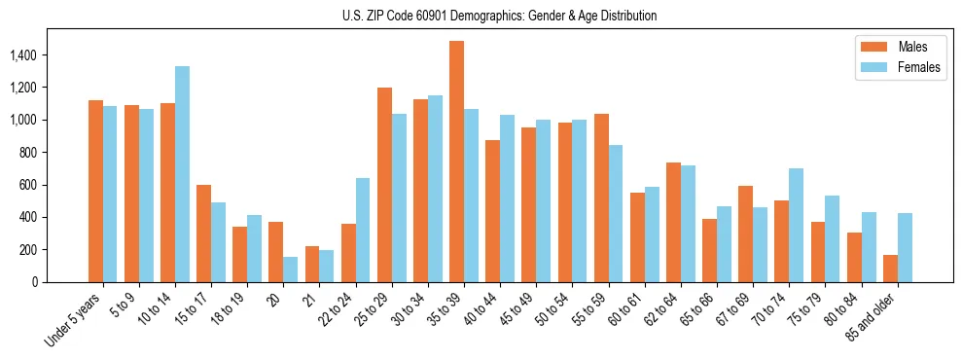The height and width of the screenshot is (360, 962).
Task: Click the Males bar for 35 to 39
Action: tap(456, 162)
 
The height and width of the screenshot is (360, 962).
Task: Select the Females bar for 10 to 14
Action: tap(182, 174)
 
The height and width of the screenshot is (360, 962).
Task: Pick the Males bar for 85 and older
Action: tap(890, 269)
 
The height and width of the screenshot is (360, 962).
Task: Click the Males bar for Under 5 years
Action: tap(95, 191)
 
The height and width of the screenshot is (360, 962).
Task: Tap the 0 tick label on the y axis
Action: tap(35, 282)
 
